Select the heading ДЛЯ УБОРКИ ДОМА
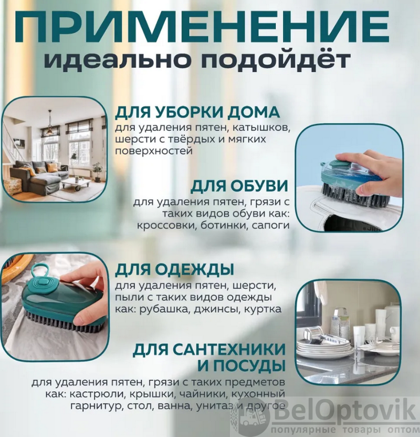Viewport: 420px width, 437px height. pyautogui.click(x=197, y=113)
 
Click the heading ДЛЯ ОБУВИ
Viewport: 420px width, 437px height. pyautogui.click(x=239, y=186)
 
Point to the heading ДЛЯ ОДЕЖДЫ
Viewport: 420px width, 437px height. pyautogui.click(x=174, y=269)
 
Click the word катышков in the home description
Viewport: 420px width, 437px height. pyautogui.click(x=261, y=128)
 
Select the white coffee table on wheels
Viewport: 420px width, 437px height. pyautogui.click(x=76, y=184)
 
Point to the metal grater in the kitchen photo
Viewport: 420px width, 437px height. pyautogui.click(x=341, y=323)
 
